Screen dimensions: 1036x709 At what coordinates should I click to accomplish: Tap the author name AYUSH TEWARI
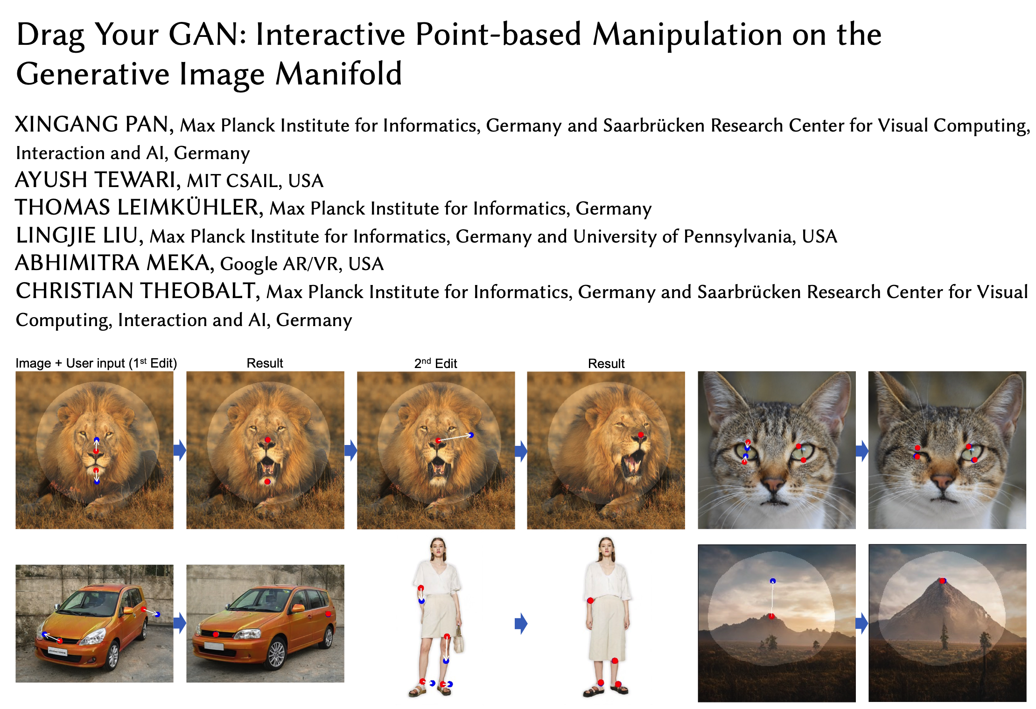[x=95, y=180]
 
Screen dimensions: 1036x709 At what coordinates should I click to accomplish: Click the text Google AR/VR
[x=279, y=264]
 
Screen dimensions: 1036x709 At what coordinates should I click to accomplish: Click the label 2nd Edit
[x=435, y=363]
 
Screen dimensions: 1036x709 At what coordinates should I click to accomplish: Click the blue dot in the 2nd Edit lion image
[x=471, y=435]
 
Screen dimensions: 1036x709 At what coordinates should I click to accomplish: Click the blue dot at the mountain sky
[x=773, y=581]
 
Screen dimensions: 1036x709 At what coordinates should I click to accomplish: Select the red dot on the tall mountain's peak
[x=942, y=581]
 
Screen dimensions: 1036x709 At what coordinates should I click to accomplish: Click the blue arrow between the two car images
[x=180, y=623]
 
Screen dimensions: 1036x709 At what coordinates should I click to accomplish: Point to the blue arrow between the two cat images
[x=862, y=451]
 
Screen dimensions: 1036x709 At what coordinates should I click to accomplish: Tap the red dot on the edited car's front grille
[x=216, y=634]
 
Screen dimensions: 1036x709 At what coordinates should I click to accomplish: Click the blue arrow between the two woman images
[x=521, y=623]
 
